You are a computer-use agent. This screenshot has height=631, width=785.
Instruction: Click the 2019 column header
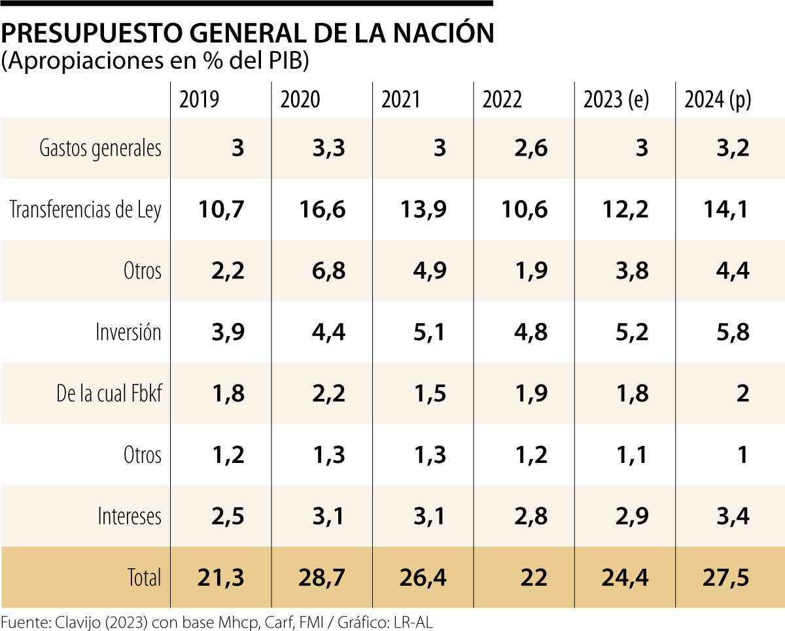pyautogui.click(x=200, y=100)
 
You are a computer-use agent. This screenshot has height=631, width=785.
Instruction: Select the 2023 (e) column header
pyautogui.click(x=616, y=100)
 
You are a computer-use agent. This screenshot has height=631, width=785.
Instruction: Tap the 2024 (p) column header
pyautogui.click(x=718, y=100)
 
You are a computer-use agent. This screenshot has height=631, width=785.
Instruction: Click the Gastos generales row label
pyautogui.click(x=100, y=148)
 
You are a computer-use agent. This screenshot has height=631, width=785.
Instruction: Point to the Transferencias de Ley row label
pyautogui.click(x=85, y=210)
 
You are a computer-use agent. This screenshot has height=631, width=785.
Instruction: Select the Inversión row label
pyautogui.click(x=128, y=332)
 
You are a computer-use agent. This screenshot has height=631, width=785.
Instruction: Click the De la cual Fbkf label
pyautogui.click(x=109, y=394)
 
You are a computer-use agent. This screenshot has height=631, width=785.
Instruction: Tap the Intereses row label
pyautogui.click(x=129, y=517)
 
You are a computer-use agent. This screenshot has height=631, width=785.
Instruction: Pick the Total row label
pyautogui.click(x=144, y=577)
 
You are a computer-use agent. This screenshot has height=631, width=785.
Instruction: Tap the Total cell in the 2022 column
pyautogui.click(x=534, y=577)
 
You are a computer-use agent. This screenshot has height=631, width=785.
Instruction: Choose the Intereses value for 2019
pyautogui.click(x=227, y=517)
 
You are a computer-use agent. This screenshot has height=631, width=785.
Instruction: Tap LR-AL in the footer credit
pyautogui.click(x=413, y=622)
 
